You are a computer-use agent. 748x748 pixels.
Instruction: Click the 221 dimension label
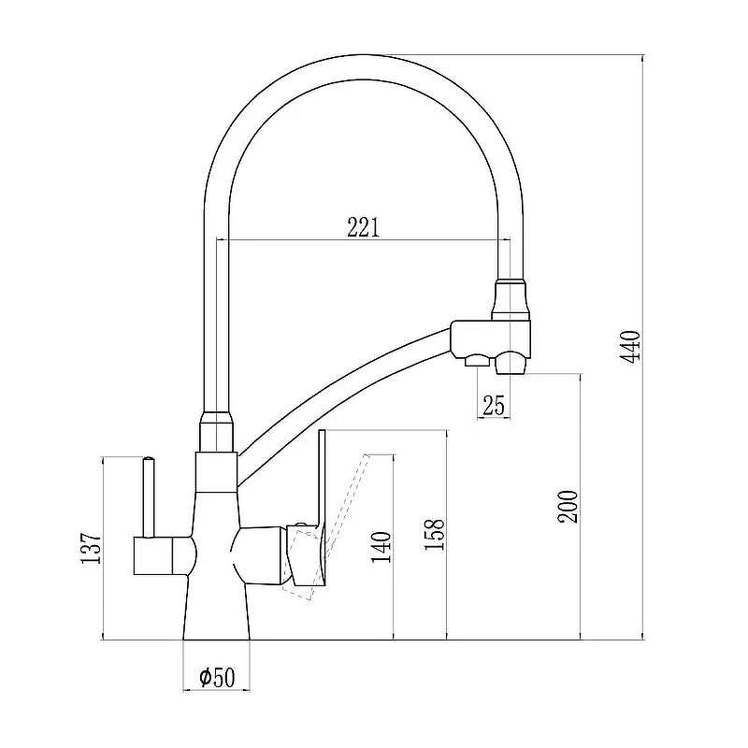point(363,227)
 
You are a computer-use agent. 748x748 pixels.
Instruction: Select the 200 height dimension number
point(568,507)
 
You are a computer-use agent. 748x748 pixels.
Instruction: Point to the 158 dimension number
point(435,533)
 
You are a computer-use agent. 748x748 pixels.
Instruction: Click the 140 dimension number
point(381,547)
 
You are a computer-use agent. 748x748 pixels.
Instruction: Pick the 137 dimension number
point(91,549)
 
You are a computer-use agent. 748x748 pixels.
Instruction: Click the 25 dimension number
point(494,406)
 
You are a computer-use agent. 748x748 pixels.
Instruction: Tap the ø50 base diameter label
point(217,677)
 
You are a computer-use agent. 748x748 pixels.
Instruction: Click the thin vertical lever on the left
point(150,497)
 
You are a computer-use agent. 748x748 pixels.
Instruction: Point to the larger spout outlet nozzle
point(510,363)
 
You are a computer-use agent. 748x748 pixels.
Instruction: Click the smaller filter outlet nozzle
point(477,361)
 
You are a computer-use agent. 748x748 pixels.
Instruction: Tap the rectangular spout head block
point(490,338)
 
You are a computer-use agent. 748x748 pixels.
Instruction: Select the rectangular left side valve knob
point(152,555)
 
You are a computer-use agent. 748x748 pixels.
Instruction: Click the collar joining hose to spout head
point(511,300)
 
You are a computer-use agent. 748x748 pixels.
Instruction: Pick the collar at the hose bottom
point(217,432)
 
